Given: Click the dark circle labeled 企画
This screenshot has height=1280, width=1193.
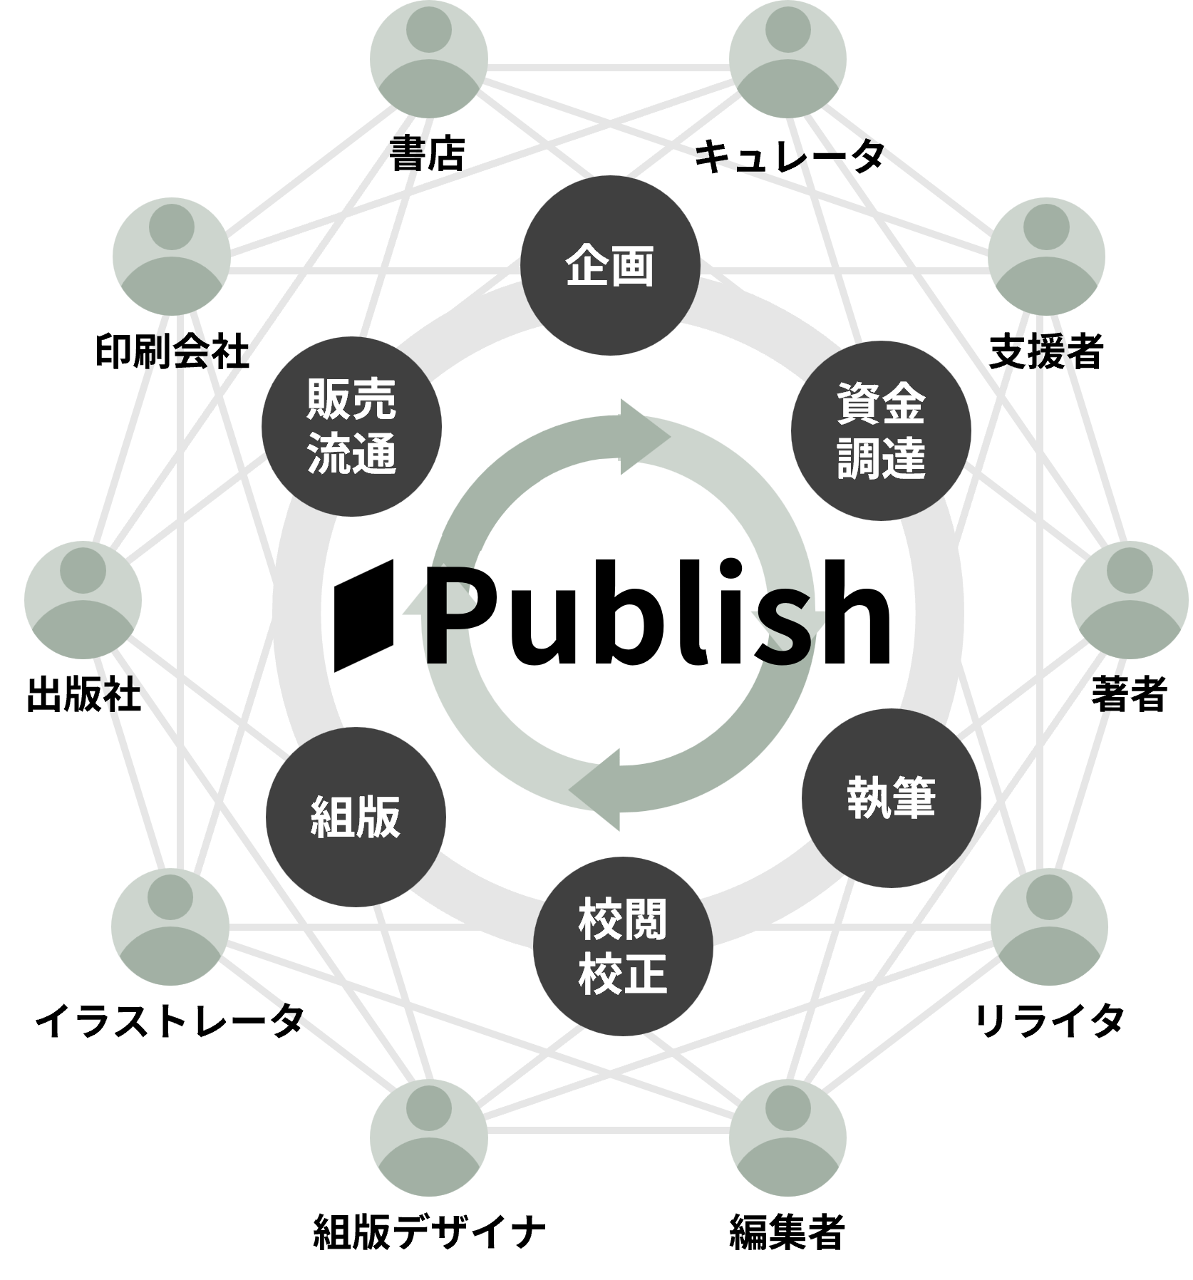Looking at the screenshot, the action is click(x=609, y=267).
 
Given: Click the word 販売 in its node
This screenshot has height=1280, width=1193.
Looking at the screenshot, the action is click(x=351, y=401).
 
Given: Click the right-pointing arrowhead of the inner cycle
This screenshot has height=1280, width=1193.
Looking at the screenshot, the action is click(x=645, y=436).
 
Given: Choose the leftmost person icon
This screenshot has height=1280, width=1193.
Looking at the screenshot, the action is click(x=83, y=599).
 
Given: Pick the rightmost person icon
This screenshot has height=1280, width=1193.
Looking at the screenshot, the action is click(x=1130, y=599).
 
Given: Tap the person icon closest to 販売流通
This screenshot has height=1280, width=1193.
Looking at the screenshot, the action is click(x=171, y=255).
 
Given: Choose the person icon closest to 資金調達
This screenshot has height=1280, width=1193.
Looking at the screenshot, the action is click(x=1046, y=255).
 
